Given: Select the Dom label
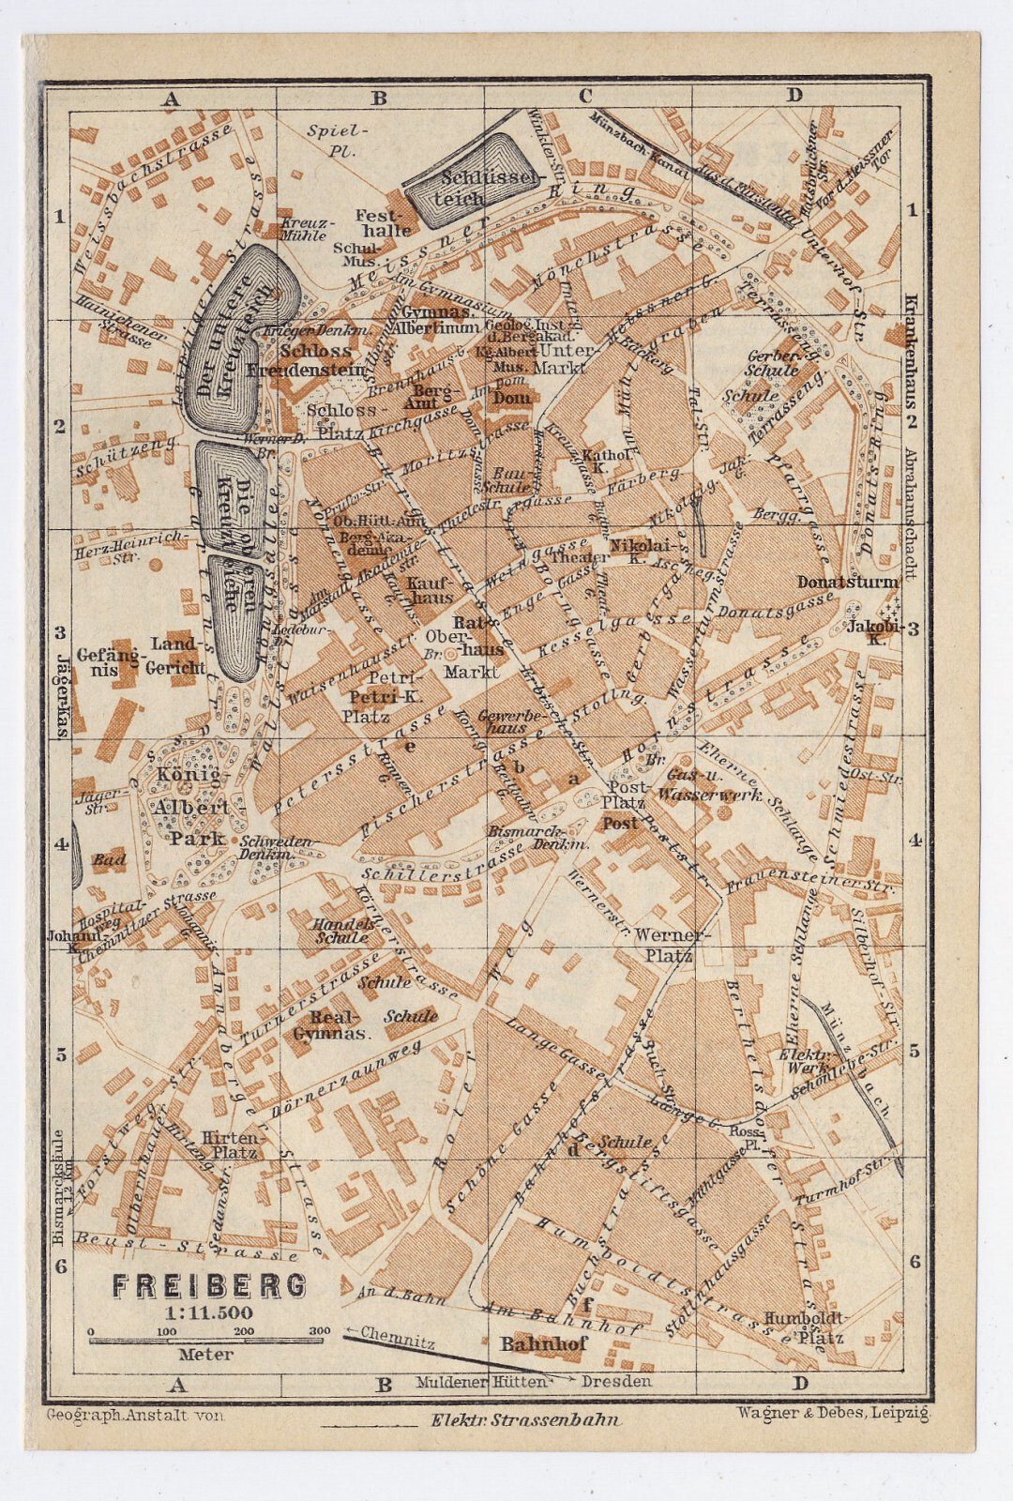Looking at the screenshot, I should [511, 398].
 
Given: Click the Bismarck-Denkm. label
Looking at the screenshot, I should [537, 838].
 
